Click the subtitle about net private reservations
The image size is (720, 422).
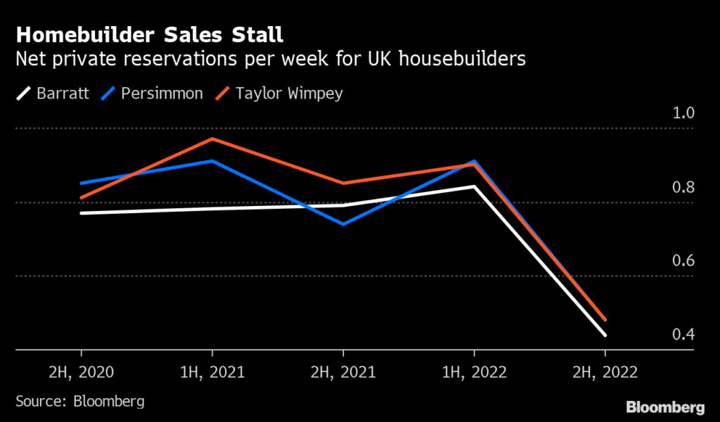pos(271,59)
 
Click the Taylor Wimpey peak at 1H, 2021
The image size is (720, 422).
pos(212,139)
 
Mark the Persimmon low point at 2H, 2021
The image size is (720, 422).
pos(343,224)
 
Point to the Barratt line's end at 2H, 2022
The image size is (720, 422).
pos(605,335)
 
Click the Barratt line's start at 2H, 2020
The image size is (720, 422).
pos(81,213)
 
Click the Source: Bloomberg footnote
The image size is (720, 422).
pos(80,402)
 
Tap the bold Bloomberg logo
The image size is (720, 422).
pos(665,407)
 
